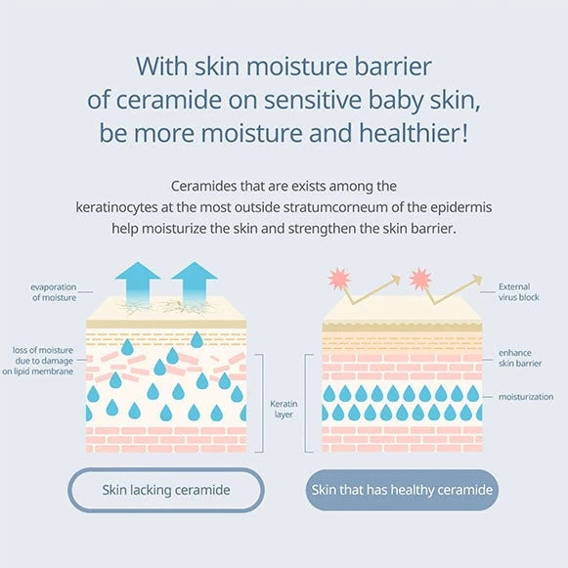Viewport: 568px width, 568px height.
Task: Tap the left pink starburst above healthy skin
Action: (339, 279)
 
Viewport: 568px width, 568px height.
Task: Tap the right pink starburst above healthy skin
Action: (420, 279)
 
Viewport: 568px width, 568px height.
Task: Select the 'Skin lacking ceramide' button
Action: (166, 490)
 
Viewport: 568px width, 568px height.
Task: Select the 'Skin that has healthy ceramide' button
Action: (402, 490)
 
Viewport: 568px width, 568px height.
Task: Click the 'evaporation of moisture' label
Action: (54, 292)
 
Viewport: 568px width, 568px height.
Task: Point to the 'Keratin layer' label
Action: (284, 409)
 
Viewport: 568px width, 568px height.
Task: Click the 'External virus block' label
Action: (519, 292)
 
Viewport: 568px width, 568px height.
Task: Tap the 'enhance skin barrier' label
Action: (520, 358)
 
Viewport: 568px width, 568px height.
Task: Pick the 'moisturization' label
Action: (526, 397)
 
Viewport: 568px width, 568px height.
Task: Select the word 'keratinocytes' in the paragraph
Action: (116, 208)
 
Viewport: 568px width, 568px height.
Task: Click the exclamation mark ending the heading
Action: (464, 133)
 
